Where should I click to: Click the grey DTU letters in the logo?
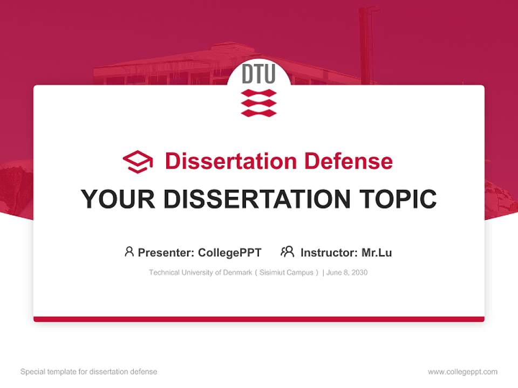(x=258, y=74)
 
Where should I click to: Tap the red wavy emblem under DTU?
(x=258, y=103)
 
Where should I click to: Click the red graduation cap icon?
(x=138, y=162)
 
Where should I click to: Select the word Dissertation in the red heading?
(x=231, y=161)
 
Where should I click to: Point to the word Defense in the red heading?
(x=349, y=161)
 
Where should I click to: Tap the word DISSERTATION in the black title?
(x=257, y=199)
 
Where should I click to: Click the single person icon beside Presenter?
(x=129, y=252)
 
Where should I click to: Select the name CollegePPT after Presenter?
(x=230, y=253)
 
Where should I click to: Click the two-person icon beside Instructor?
(x=288, y=252)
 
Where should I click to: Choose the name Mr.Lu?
(x=377, y=253)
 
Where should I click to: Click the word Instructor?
(x=329, y=253)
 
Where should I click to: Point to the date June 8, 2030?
(x=347, y=273)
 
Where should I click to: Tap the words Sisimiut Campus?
(x=287, y=273)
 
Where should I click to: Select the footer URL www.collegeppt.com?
(x=462, y=372)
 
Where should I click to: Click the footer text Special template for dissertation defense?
(x=89, y=372)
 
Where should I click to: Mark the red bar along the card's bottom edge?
(x=259, y=319)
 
